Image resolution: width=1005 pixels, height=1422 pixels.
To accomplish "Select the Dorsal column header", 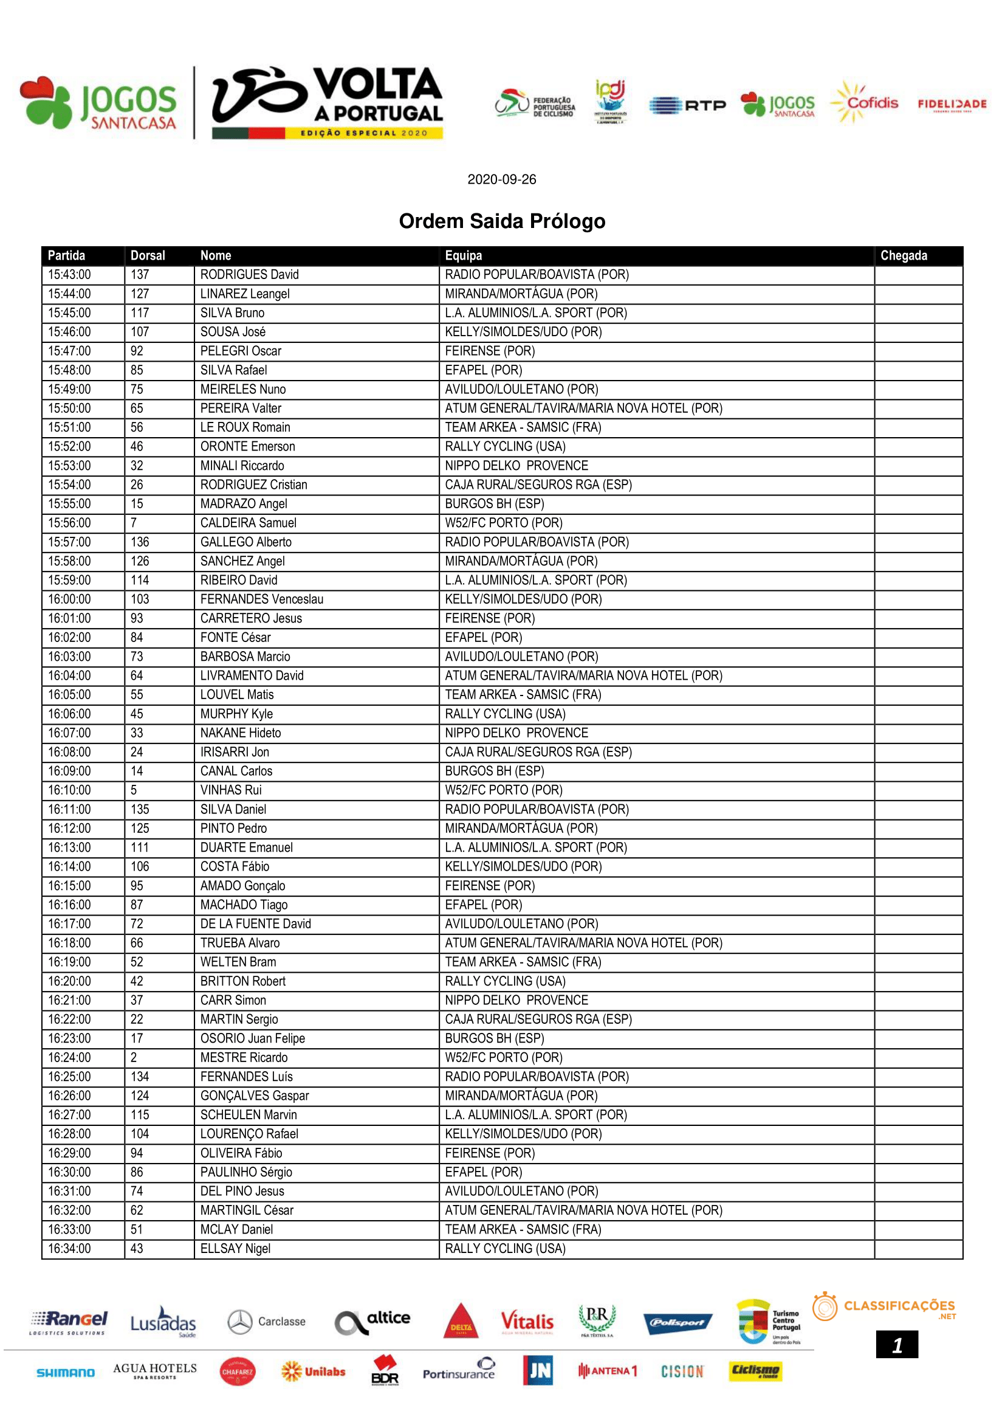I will click(x=147, y=255).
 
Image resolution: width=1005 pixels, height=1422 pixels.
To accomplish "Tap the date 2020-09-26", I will click(x=501, y=179).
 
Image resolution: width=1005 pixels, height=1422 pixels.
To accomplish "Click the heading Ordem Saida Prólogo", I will click(x=502, y=221).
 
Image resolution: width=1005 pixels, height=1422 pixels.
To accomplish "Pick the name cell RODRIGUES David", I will click(x=249, y=274).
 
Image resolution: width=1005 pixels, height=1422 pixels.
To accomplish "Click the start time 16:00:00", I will click(x=69, y=599).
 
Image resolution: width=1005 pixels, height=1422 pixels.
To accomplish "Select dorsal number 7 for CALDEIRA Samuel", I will click(x=134, y=523).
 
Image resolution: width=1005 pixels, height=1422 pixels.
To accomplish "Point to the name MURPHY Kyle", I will click(x=236, y=714).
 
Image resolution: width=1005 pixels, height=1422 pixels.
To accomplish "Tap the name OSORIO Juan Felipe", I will click(x=253, y=1038).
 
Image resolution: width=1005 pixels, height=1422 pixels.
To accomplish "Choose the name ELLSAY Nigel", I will click(x=235, y=1248).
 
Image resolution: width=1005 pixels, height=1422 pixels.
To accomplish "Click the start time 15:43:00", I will click(x=69, y=274).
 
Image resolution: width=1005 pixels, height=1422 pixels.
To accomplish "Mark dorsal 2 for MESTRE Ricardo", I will click(x=134, y=1057).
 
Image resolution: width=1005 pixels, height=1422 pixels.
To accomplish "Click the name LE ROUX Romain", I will click(x=245, y=427).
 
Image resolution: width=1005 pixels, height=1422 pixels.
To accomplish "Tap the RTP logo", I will click(x=688, y=105).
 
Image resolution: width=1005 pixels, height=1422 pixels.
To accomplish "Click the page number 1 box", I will click(x=897, y=1345).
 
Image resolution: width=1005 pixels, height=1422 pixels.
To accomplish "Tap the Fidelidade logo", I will click(x=952, y=104).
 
